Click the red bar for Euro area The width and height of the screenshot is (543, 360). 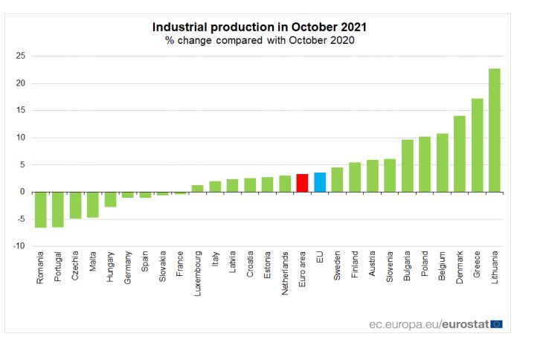302,183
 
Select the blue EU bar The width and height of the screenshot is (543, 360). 319,182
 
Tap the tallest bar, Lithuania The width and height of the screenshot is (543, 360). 494,130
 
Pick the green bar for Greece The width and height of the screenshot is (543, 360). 477,145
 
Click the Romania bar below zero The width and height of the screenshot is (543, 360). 40,210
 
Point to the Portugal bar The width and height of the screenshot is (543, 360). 58,209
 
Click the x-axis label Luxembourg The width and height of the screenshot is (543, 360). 197,274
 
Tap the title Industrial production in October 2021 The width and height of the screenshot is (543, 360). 260,27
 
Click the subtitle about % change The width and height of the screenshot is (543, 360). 260,40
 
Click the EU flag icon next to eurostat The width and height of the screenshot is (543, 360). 497,324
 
